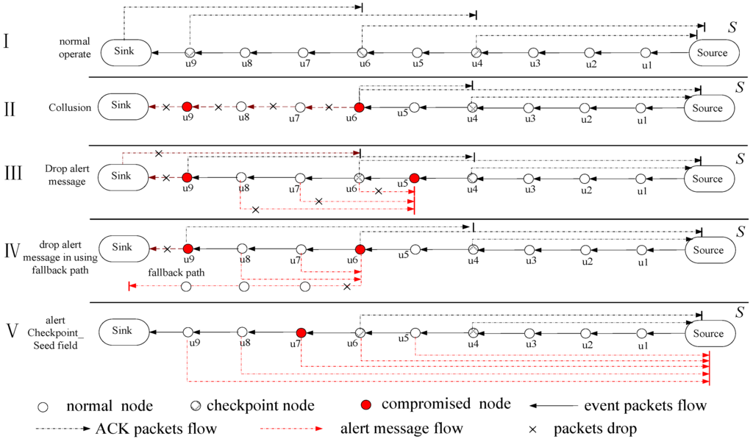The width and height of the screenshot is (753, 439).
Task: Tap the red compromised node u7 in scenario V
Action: (x=301, y=333)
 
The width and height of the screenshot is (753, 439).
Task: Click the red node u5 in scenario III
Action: (x=415, y=178)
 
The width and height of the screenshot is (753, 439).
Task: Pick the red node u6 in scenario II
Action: (x=359, y=107)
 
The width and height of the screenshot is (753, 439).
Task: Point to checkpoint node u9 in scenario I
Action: (x=189, y=53)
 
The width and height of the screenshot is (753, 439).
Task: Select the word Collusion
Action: (x=71, y=107)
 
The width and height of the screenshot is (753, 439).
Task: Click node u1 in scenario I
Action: (x=646, y=53)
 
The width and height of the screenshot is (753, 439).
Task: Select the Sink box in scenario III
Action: (x=123, y=178)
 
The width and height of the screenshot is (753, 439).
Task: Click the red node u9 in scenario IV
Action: (x=188, y=249)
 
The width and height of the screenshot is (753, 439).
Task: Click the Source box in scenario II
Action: (x=709, y=108)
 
